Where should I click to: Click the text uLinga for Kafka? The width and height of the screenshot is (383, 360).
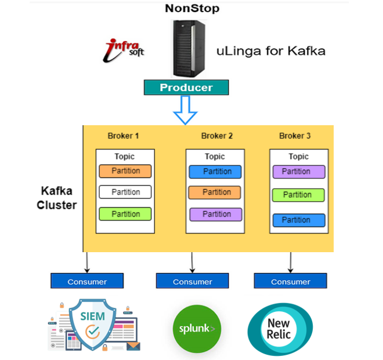(270, 51)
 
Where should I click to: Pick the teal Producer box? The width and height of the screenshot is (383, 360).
(186, 88)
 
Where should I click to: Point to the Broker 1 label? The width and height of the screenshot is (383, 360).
(124, 136)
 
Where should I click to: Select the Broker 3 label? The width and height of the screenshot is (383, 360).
(295, 136)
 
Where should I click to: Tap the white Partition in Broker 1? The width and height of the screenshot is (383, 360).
(125, 192)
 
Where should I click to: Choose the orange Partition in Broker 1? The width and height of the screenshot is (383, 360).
(125, 171)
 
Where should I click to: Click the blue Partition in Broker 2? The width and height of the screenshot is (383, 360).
(216, 172)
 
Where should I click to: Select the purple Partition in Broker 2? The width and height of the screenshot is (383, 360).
(216, 214)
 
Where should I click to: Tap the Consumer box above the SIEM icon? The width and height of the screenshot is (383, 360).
(87, 281)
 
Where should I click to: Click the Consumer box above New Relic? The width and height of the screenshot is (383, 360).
(290, 281)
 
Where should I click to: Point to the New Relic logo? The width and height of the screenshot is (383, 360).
(279, 329)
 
